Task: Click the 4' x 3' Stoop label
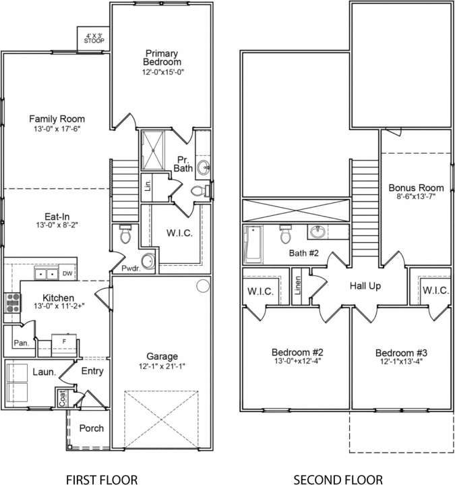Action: tap(94, 38)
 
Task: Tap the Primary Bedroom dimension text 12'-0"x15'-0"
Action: tap(163, 72)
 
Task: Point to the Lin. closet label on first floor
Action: tap(147, 183)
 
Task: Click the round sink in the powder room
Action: tap(147, 260)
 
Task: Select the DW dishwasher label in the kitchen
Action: tap(67, 274)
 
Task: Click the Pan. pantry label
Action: tap(20, 343)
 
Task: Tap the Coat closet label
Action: tap(62, 399)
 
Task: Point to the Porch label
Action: tap(91, 428)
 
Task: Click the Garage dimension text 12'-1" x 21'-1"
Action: tap(163, 367)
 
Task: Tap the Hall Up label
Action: tap(365, 285)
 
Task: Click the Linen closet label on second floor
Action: tap(297, 285)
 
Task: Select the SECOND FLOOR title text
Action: tap(338, 480)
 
